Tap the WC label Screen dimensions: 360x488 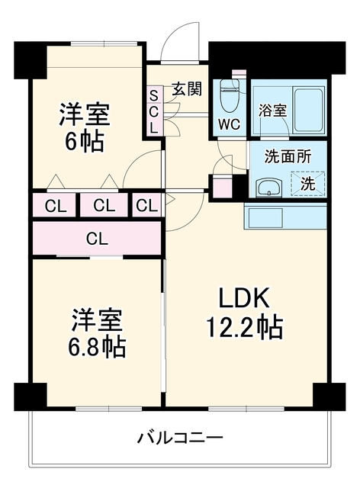pos(229,125)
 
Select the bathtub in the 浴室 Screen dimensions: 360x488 pos(307,111)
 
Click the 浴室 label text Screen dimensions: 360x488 pos(272,110)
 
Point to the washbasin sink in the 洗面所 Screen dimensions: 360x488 pos(268,188)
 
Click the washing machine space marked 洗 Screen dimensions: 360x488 pos(307,184)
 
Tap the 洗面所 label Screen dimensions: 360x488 pos(288,156)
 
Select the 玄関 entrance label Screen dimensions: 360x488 pos(188,88)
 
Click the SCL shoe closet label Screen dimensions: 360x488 pos(154,111)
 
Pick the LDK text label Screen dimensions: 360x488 pos(244,297)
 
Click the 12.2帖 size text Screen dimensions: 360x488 pos(245,327)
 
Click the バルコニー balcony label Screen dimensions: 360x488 pos(180,438)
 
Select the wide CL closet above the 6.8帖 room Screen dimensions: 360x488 pos(97,239)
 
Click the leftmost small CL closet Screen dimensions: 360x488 pos(56,206)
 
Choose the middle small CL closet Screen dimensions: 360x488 pos(104,205)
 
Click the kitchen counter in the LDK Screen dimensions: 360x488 pos(285,216)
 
